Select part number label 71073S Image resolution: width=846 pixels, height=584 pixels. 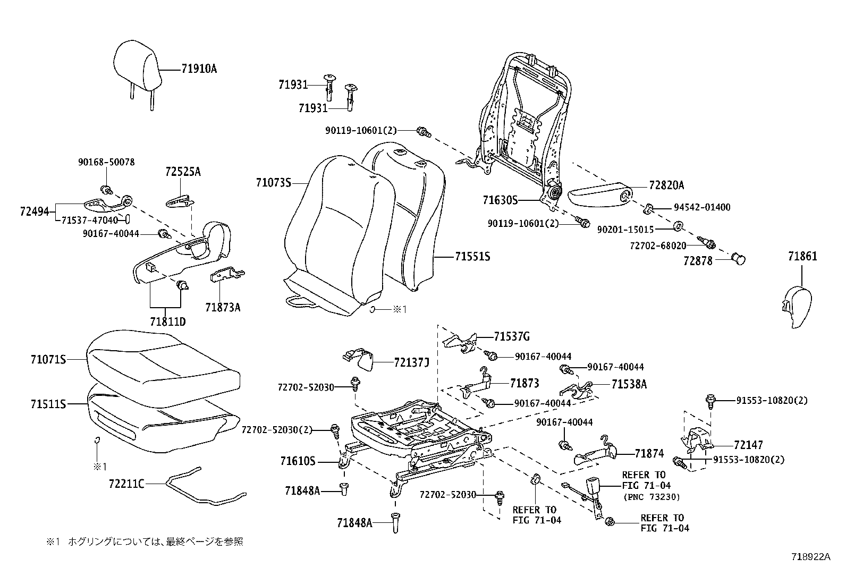(273, 183)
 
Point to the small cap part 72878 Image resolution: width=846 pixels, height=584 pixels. (739, 258)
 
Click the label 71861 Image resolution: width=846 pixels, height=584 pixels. (802, 257)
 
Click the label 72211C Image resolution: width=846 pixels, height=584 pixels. (126, 484)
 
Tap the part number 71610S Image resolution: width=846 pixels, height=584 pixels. (298, 461)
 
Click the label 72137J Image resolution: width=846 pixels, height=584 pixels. (411, 362)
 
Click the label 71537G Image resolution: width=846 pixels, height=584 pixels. (511, 336)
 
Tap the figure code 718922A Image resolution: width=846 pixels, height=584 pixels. (810, 556)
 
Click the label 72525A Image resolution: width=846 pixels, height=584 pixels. (183, 172)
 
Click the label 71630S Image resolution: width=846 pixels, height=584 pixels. (500, 200)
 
